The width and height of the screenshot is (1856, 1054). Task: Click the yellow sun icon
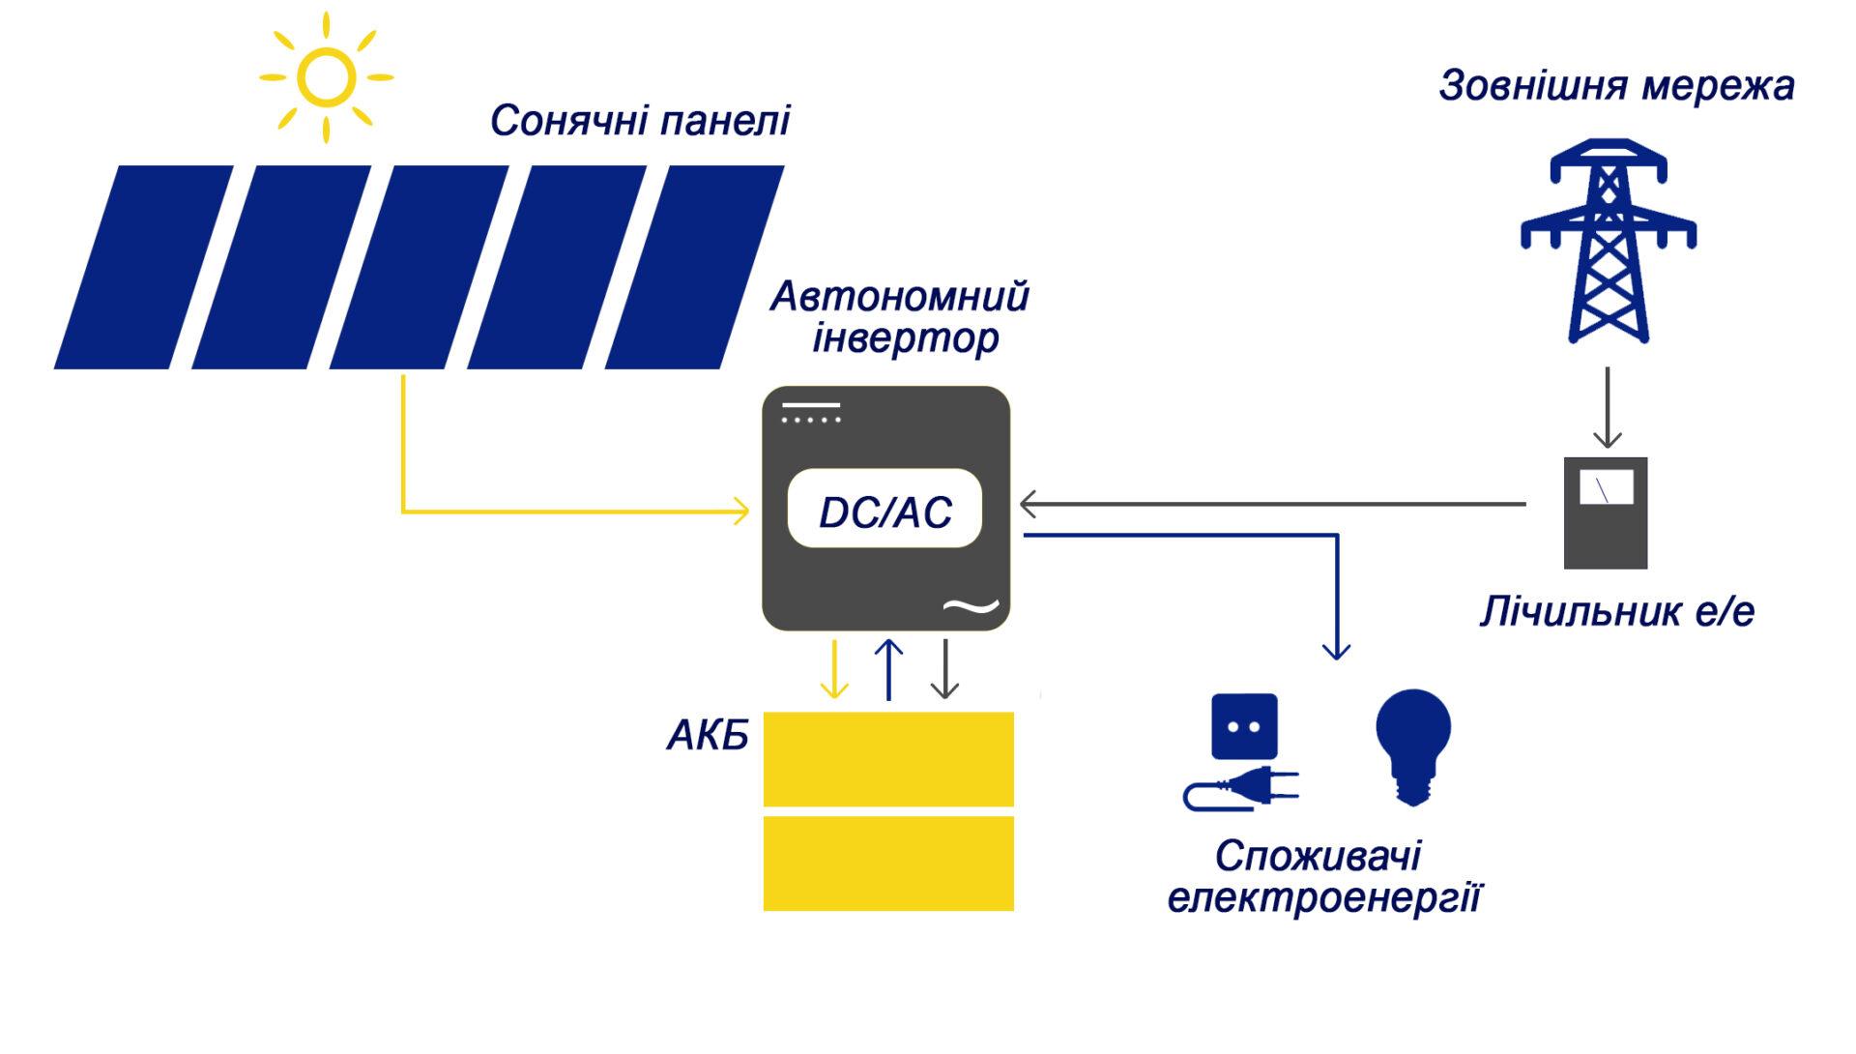pyautogui.click(x=326, y=77)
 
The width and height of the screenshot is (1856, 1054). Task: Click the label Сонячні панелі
pyautogui.click(x=640, y=122)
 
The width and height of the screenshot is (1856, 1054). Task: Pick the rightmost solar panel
pyautogui.click(x=695, y=267)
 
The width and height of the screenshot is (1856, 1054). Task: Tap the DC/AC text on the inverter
pyautogui.click(x=885, y=512)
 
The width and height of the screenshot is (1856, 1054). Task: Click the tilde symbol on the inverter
pyautogui.click(x=971, y=606)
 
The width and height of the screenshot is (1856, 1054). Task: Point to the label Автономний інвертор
pyautogui.click(x=899, y=317)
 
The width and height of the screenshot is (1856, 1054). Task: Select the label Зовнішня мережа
pyautogui.click(x=1616, y=86)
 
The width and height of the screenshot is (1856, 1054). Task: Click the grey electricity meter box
pyautogui.click(x=1606, y=512)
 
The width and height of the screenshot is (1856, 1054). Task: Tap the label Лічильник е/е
pyautogui.click(x=1616, y=612)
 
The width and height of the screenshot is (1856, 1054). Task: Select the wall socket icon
pyautogui.click(x=1244, y=726)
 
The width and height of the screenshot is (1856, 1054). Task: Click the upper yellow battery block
pyautogui.click(x=888, y=759)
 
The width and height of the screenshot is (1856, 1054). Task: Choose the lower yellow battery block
pyautogui.click(x=888, y=864)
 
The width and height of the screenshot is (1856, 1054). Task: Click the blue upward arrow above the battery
pyautogui.click(x=888, y=668)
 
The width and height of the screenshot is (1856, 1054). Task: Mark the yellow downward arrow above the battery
pyautogui.click(x=834, y=668)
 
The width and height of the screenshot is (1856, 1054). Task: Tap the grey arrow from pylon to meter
pyautogui.click(x=1608, y=407)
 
